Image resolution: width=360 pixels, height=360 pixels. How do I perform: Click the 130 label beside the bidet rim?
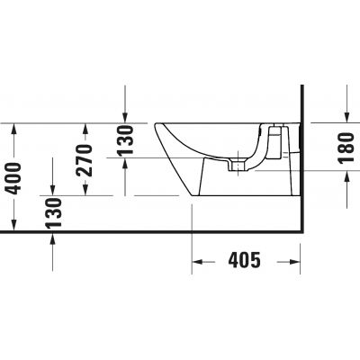125,140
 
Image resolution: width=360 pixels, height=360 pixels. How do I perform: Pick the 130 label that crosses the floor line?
53,217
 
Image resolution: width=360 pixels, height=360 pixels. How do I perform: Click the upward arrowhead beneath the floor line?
53,238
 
